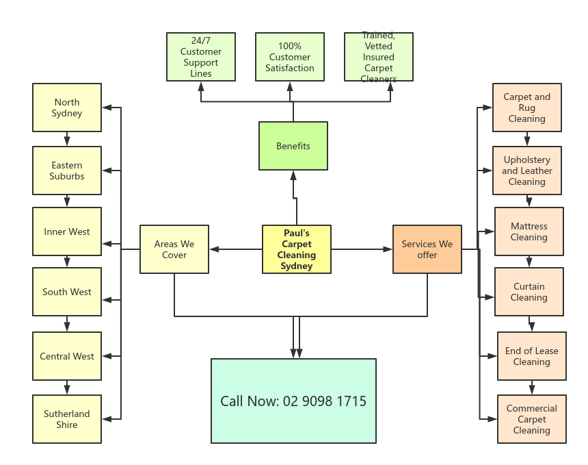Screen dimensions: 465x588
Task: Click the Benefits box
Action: tap(293, 146)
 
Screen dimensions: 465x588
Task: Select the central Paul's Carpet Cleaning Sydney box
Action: tap(297, 249)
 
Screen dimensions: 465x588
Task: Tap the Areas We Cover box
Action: tap(174, 249)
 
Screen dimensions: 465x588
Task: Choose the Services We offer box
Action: tap(427, 249)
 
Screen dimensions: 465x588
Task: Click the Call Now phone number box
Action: tap(293, 401)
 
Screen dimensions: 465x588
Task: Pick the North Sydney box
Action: tap(67, 108)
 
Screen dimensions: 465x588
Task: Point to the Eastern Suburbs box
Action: tap(67, 171)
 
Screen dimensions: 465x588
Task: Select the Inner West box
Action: tap(67, 231)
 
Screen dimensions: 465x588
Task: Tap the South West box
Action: tap(67, 292)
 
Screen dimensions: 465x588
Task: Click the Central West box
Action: tap(67, 356)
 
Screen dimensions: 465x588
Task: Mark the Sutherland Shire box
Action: tap(67, 419)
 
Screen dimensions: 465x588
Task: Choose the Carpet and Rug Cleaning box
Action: tap(527, 108)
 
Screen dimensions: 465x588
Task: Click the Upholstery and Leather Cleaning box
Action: tap(527, 171)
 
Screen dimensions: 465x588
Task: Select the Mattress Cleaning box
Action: tap(529, 231)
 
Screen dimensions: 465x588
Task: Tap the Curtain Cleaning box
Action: tap(529, 292)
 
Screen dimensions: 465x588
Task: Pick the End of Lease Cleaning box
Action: tap(532, 356)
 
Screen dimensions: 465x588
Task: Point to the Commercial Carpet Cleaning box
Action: tap(532, 419)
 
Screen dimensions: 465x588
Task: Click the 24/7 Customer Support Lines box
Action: tap(201, 57)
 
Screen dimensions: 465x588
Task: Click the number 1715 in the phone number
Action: tap(351, 401)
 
